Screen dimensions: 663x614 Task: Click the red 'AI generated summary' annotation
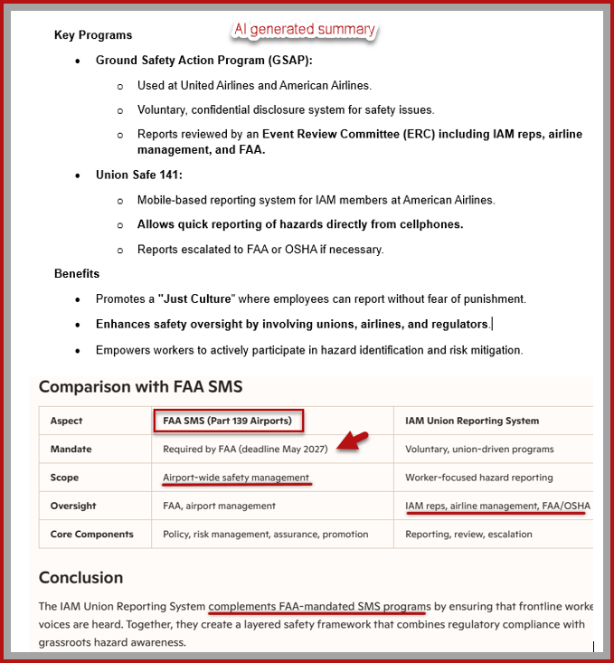304,29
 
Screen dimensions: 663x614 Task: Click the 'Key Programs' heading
93,35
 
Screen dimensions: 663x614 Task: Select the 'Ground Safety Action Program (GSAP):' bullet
204,61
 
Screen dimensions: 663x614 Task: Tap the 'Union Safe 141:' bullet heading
139,175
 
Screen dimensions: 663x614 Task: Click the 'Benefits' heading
77,273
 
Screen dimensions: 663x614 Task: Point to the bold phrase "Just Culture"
195,298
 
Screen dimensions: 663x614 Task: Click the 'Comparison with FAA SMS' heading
140,387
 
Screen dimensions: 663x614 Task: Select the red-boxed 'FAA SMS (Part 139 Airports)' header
227,421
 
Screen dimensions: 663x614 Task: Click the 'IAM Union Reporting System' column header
472,421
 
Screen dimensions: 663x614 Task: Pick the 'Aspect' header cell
67,421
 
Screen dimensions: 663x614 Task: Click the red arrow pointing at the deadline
352,442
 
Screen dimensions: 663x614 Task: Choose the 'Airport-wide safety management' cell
236,478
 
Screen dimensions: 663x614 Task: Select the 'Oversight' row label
74,506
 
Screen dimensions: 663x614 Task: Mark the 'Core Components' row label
92,534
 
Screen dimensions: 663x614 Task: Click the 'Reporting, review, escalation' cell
468,534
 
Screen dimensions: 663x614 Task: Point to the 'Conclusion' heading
80,577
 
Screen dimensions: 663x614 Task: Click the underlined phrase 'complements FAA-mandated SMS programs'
319,606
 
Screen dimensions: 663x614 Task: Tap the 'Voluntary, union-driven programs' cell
479,449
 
